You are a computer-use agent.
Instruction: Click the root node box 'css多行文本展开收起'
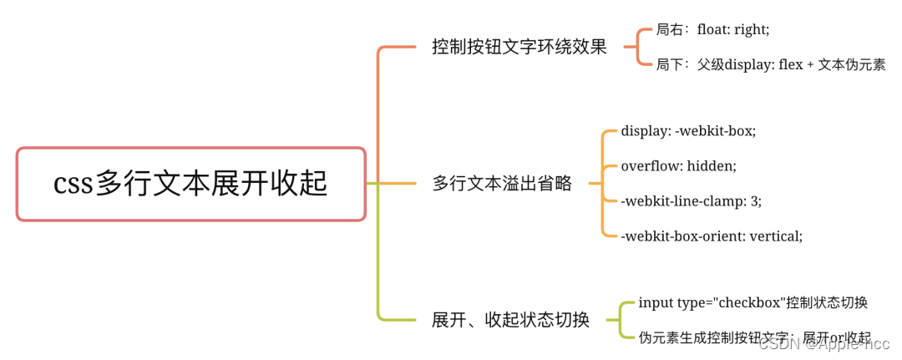coord(191,184)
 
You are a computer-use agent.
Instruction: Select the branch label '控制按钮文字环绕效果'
coord(519,47)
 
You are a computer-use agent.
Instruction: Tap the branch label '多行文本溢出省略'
coord(502,183)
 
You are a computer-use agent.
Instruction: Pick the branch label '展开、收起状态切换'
coord(510,319)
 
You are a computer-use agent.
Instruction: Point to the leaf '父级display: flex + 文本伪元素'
coord(791,64)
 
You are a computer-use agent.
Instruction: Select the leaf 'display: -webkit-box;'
coord(688,131)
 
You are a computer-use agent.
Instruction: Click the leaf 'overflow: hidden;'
coord(678,165)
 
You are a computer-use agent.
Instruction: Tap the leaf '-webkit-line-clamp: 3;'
coord(691,200)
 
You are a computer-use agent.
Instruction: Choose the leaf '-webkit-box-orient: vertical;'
coord(712,236)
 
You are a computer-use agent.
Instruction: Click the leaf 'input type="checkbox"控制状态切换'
coord(753,302)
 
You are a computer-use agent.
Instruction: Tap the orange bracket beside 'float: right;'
coord(639,47)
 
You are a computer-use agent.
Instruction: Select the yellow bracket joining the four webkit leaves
coord(603,183)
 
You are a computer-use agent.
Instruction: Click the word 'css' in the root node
coord(73,184)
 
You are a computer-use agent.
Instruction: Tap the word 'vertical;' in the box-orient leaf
coord(776,236)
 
